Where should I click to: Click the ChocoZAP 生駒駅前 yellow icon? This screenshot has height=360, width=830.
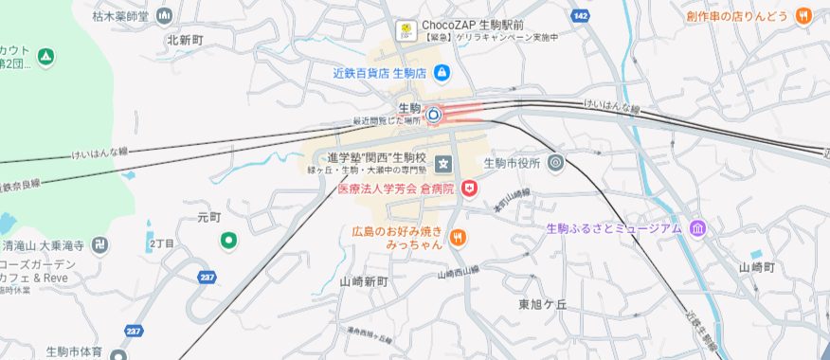406,28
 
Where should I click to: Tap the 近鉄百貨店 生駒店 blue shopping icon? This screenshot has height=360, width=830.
442,72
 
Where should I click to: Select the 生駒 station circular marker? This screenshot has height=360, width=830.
433,116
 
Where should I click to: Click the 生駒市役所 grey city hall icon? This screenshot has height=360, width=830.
555,162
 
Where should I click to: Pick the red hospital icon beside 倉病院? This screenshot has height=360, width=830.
469,189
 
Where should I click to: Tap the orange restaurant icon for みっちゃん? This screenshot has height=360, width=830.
458,237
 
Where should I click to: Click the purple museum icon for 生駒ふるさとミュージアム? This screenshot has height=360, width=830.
697,228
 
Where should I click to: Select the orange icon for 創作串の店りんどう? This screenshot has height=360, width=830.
803,15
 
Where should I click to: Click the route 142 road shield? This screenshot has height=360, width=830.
581,16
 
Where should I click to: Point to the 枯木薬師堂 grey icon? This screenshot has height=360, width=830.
165,16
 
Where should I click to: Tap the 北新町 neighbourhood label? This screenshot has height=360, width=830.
185,40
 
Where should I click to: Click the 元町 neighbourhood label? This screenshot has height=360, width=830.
208,217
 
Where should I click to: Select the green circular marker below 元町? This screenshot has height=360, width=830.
228,241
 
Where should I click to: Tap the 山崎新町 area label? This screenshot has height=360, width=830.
364,282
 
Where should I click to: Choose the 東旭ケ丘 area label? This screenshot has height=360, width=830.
542,304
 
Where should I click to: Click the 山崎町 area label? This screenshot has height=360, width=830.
757,267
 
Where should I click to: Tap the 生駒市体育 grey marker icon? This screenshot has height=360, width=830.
117,356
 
